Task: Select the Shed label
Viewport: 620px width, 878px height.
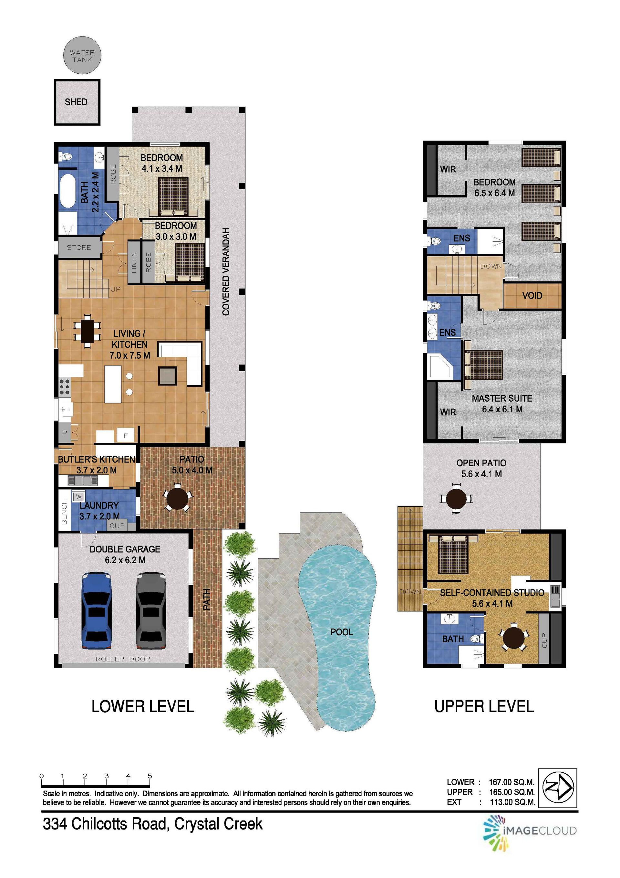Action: [x=76, y=102]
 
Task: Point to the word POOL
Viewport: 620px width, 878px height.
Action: [x=341, y=632]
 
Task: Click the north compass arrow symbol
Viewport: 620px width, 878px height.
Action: [x=557, y=788]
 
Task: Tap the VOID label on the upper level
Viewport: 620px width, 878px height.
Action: [x=532, y=296]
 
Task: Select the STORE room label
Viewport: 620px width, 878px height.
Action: [x=79, y=248]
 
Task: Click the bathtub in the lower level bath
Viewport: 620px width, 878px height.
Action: [x=68, y=191]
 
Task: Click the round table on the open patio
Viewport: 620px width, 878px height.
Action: [x=456, y=499]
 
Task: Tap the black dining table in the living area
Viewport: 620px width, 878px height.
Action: [x=87, y=330]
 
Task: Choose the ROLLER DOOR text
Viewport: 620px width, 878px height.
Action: [x=123, y=659]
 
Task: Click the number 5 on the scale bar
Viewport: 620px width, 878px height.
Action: [x=150, y=776]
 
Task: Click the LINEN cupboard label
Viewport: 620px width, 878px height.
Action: [x=134, y=262]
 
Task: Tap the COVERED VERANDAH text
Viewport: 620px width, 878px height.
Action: [x=226, y=272]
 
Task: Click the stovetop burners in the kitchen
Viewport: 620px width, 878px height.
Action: [x=65, y=386]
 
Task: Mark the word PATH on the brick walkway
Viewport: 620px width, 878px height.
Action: [x=206, y=599]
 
